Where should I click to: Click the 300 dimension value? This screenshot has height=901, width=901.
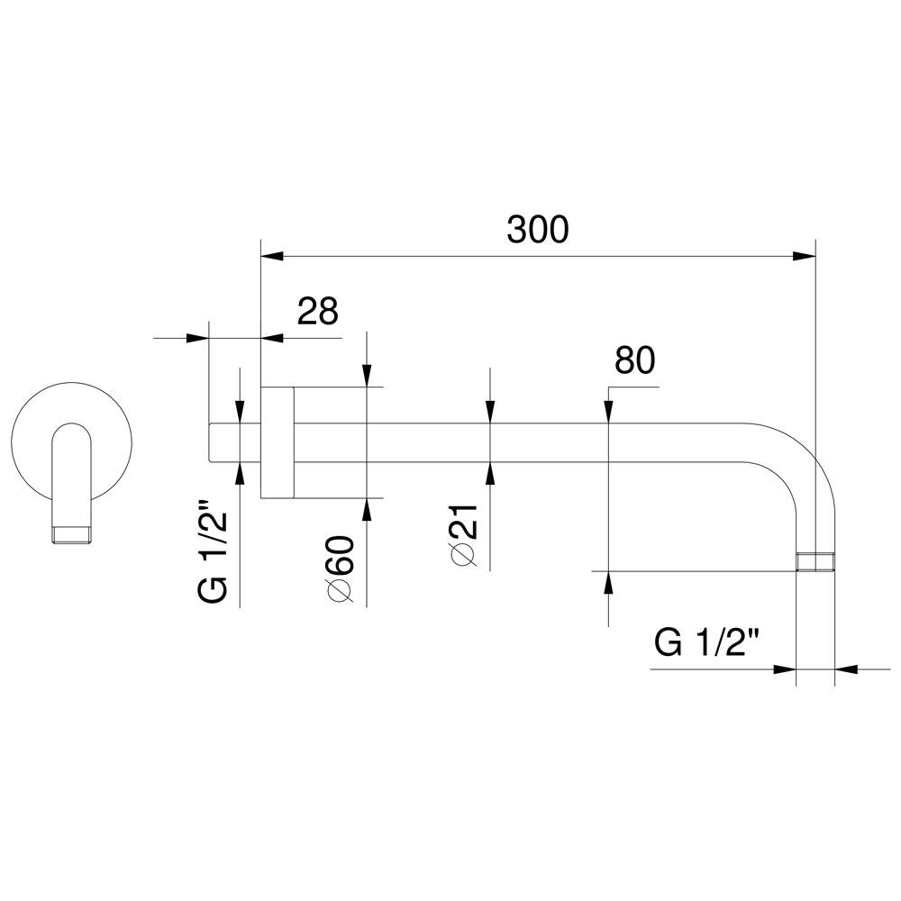537,229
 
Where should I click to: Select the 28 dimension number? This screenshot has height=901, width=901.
318,312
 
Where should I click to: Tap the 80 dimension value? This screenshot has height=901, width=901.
635,360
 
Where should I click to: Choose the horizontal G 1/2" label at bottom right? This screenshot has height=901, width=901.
707,643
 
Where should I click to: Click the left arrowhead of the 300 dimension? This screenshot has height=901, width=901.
272,256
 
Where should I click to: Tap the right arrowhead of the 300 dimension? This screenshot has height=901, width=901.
804,256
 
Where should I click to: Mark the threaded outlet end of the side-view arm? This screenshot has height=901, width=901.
815,562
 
